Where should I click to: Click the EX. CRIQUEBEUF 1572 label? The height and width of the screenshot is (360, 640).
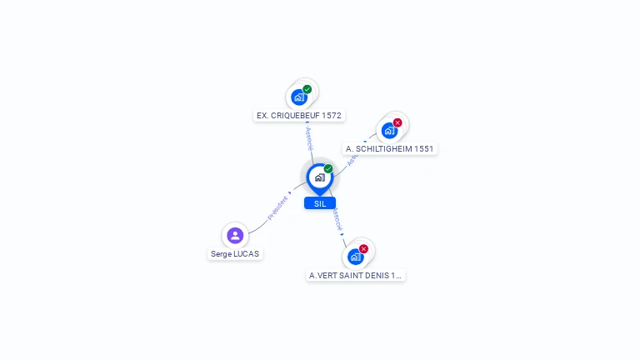[x=298, y=116]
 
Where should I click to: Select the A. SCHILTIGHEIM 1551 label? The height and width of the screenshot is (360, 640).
[x=390, y=149]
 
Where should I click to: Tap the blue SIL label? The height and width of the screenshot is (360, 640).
[x=320, y=203]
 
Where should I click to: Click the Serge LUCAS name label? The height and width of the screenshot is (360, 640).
[x=235, y=254]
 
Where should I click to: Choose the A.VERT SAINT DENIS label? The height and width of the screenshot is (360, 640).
[x=355, y=275]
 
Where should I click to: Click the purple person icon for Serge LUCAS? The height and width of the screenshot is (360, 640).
[x=235, y=235]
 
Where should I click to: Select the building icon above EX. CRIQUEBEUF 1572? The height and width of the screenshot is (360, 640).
[x=299, y=97]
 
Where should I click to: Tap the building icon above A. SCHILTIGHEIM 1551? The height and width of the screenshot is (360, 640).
[x=389, y=131]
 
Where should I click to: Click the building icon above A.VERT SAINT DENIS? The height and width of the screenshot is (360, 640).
[x=356, y=257]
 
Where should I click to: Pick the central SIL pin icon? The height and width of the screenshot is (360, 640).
[x=319, y=177]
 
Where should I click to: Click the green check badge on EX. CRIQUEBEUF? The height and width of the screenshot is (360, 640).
[x=307, y=89]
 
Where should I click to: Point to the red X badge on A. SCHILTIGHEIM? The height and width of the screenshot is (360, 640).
[x=397, y=122]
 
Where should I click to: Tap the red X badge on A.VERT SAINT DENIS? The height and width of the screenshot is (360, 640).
[x=363, y=248]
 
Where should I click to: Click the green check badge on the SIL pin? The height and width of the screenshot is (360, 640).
[x=328, y=169]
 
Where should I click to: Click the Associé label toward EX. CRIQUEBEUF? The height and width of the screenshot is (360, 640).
[x=309, y=137]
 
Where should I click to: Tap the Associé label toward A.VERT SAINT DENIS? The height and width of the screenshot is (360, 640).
[x=337, y=219]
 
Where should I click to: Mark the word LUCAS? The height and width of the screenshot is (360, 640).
[x=247, y=254]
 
